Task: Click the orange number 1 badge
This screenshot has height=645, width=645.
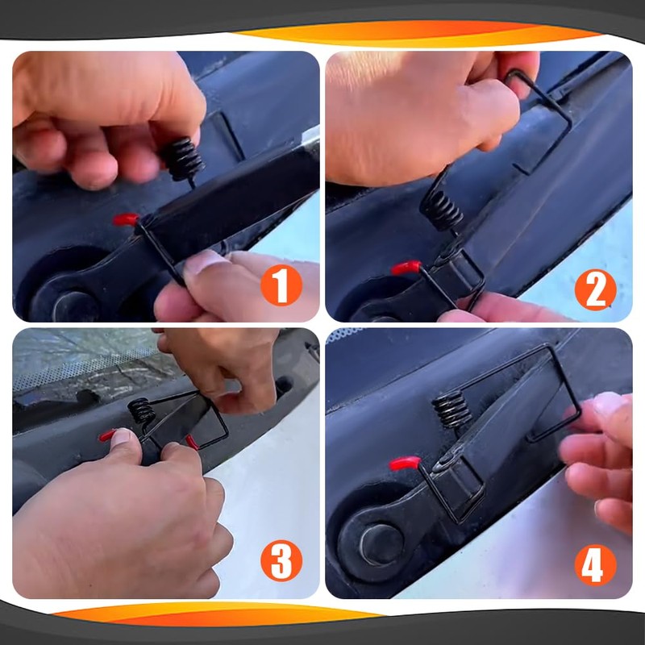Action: pyautogui.click(x=281, y=285)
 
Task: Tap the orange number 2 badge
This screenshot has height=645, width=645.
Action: pyautogui.click(x=595, y=289)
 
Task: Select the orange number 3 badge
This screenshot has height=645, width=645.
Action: pyautogui.click(x=281, y=560)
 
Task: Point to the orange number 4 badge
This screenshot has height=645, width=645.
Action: pyautogui.click(x=595, y=565)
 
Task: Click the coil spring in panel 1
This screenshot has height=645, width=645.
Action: pyautogui.click(x=183, y=159)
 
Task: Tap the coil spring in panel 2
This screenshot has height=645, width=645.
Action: pyautogui.click(x=441, y=210)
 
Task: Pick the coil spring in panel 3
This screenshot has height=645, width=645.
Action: pyautogui.click(x=141, y=410)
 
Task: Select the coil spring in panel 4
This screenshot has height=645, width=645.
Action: pyautogui.click(x=451, y=409)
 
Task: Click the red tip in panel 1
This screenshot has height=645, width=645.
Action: pyautogui.click(x=126, y=219)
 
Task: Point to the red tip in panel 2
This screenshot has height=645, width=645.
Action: pyautogui.click(x=406, y=268)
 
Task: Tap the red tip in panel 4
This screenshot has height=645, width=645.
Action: pyautogui.click(x=405, y=464)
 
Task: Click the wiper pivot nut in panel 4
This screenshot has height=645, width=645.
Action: pyautogui.click(x=381, y=544)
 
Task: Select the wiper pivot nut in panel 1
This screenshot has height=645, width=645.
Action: pyautogui.click(x=74, y=306)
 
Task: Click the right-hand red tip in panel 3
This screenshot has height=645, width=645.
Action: pyautogui.click(x=192, y=442)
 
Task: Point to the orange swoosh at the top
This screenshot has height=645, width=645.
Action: pyautogui.click(x=415, y=34)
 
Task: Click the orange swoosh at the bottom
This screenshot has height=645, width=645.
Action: pyautogui.click(x=218, y=614)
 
